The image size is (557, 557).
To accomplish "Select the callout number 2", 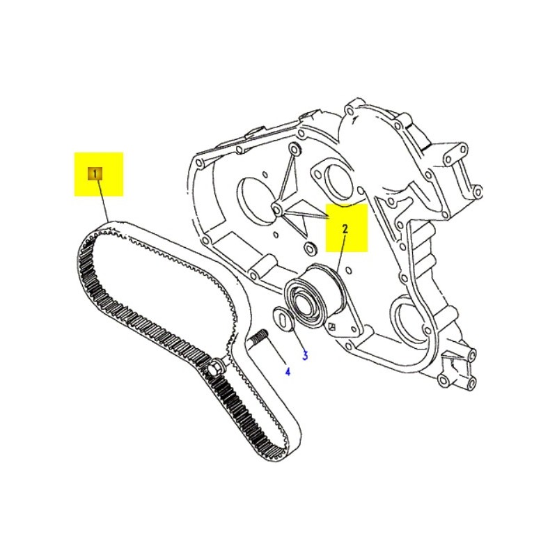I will (344, 228).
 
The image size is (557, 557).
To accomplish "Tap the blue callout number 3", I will (304, 356).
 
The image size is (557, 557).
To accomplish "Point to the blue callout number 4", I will (287, 372).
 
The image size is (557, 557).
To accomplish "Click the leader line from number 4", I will (274, 355).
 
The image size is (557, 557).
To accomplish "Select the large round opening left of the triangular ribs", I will (255, 198).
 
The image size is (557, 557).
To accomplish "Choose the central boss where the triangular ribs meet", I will (277, 209).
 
